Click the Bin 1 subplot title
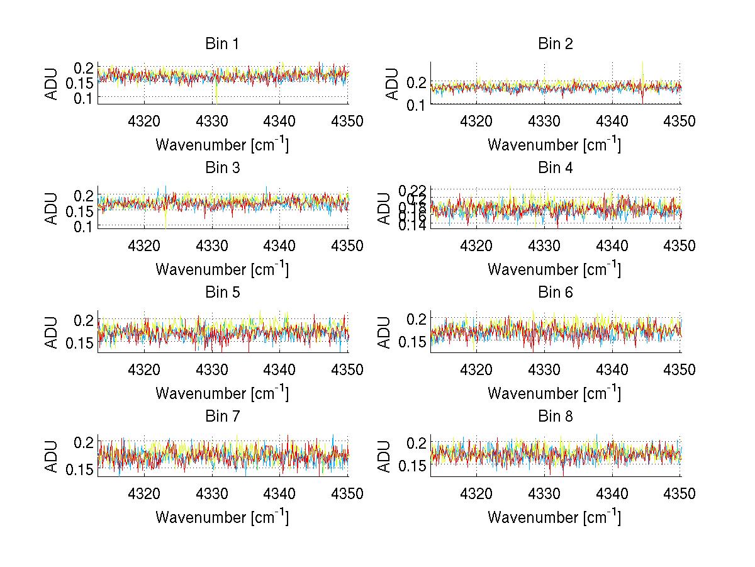[x=223, y=44]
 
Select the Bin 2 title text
[x=556, y=44]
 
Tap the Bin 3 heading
[x=223, y=168]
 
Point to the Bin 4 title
[x=556, y=168]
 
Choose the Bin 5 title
[x=223, y=293]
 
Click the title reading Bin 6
[x=556, y=293]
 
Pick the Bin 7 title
[x=223, y=417]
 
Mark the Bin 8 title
[x=556, y=417]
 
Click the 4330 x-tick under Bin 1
[x=212, y=121]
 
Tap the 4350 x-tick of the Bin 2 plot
[x=679, y=121]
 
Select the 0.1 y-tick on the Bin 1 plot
[x=84, y=98]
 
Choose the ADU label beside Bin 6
[x=384, y=332]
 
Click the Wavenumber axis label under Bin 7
[x=223, y=518]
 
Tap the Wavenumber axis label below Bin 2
[x=555, y=145]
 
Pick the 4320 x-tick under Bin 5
[x=145, y=370]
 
